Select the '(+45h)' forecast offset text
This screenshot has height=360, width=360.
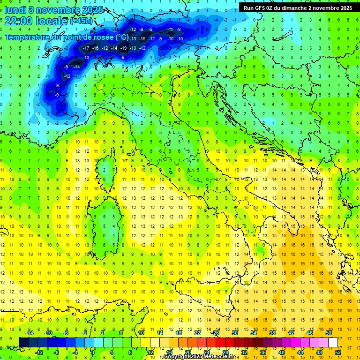(x=81, y=21)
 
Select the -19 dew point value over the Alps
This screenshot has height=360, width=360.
(x=123, y=48)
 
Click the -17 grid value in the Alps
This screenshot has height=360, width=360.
(x=86, y=48)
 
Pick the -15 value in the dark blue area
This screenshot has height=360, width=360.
(x=142, y=38)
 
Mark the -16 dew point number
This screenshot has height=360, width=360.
(x=95, y=48)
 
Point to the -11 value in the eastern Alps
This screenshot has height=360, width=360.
(x=170, y=29)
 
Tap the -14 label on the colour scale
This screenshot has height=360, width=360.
(x=30, y=333)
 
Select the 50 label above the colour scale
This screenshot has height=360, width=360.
(x=329, y=333)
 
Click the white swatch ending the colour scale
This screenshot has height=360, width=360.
(x=333, y=342)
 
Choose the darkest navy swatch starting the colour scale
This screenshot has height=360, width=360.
(x=23, y=342)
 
